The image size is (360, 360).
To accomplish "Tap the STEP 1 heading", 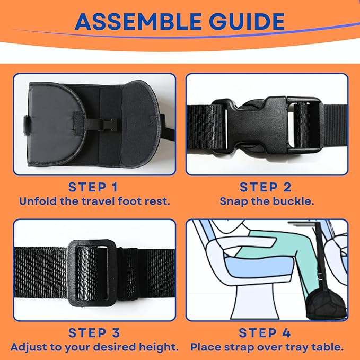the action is (93, 187).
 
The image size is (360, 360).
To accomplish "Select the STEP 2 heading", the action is (266, 187).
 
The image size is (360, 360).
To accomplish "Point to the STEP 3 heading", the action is (94, 332).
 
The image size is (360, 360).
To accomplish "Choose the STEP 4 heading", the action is (265, 332).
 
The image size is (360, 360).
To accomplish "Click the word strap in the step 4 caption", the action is (238, 347).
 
